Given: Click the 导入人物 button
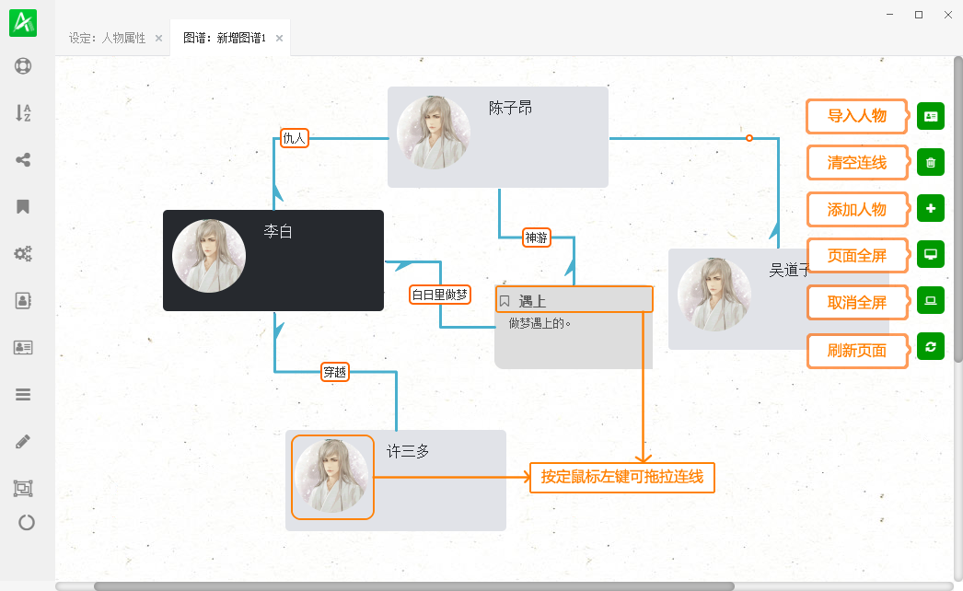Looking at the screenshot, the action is coord(857,116).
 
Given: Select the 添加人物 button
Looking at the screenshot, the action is coord(857,210).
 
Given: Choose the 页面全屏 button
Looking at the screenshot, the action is coord(857,256).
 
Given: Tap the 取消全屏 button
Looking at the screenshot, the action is coord(857,303).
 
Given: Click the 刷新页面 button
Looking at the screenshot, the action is coord(857,351).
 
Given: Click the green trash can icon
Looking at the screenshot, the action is coord(931,163).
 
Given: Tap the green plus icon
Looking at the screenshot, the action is coord(931,208).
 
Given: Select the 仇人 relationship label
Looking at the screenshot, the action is coord(295,138).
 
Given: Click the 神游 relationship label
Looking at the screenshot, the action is coord(536,238).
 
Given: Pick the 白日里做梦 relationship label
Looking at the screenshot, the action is coord(440,295).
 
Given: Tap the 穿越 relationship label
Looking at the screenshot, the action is coord(335,372).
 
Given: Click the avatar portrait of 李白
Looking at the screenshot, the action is coord(209,256).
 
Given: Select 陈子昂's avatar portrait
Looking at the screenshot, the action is coord(434,132).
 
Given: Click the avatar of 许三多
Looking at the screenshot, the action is coord(332,476).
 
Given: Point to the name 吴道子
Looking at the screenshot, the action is coord(789,271).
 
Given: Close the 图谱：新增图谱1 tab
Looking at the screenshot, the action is coord(280,38).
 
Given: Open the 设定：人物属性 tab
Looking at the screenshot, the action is coord(107,38).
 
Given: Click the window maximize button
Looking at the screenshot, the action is coord(919,15).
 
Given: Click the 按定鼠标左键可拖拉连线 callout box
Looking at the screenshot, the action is coord(622,478).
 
